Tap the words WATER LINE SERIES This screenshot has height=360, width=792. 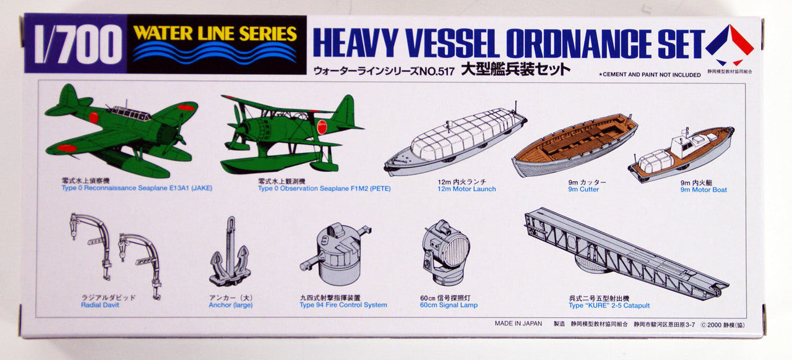click(x=215, y=33)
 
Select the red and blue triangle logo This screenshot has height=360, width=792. click(x=730, y=45)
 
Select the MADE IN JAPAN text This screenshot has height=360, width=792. click(x=518, y=324)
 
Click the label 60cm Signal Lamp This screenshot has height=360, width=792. click(x=449, y=305)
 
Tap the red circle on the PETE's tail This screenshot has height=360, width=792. click(x=322, y=127)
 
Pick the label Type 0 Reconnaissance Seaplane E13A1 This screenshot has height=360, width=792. click(x=136, y=188)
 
